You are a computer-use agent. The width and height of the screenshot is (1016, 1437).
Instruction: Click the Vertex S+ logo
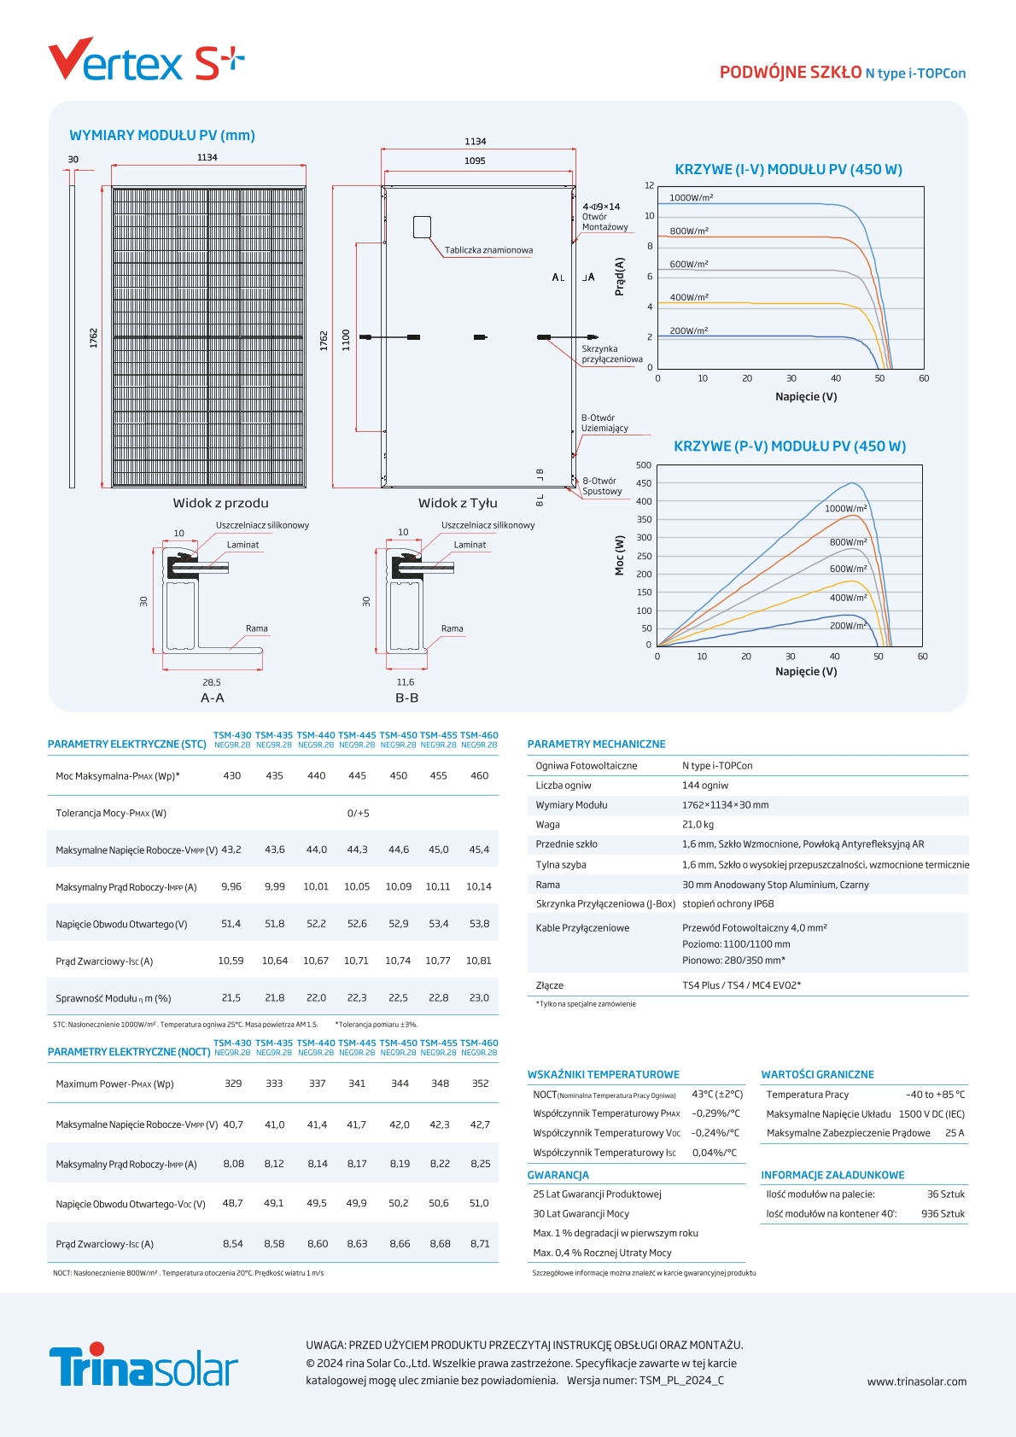pos(146,60)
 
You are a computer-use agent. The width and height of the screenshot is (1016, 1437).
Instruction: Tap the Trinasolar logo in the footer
pos(143,1365)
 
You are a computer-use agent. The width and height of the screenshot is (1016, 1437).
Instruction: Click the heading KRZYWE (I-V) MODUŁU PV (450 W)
pos(788,170)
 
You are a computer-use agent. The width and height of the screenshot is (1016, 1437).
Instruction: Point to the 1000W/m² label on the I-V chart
pos(691,198)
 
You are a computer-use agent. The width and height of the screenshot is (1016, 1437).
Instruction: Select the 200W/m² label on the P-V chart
pos(848,626)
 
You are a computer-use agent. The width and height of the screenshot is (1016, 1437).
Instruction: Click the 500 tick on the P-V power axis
pos(644,465)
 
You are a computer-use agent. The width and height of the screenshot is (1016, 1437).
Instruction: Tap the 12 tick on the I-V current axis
pos(649,185)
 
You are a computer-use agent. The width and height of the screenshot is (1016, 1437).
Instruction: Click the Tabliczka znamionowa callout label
pos(488,250)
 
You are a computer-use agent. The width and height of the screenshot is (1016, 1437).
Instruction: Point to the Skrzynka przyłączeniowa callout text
pos(611,354)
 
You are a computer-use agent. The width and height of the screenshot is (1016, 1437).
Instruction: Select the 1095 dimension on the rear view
pos(475,161)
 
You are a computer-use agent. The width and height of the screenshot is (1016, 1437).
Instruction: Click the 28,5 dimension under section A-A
pos(212,682)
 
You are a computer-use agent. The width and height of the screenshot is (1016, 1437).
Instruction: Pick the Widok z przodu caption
pos(220,504)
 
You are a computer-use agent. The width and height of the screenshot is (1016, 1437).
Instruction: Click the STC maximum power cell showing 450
pos(398,776)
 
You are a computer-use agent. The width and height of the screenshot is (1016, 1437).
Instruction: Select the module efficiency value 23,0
pos(479,998)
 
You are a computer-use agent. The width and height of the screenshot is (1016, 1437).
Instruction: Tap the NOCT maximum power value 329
pos(233,1084)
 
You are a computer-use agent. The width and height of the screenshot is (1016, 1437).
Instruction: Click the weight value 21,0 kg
pos(698,825)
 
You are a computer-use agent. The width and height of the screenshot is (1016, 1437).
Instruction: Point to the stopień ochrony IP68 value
pos(727,903)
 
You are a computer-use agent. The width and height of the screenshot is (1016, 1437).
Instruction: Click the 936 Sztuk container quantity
pos(943,1213)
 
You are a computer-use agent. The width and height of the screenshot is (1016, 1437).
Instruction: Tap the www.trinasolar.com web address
pos(916,1382)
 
